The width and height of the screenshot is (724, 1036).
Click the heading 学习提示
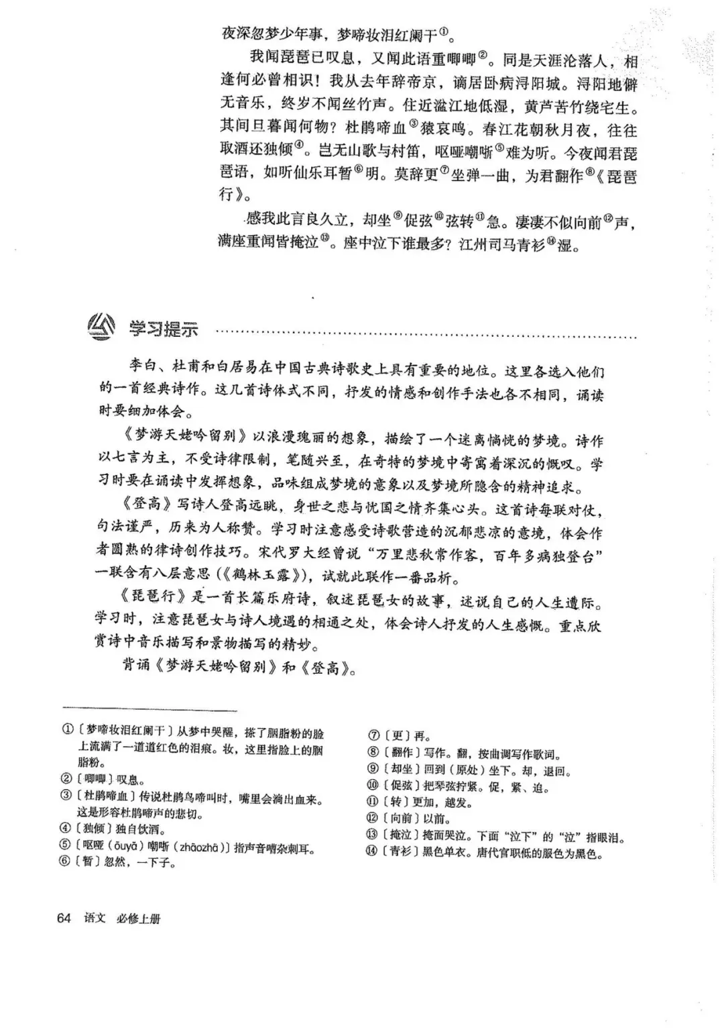click(x=164, y=329)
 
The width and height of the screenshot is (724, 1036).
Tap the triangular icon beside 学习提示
click(x=103, y=327)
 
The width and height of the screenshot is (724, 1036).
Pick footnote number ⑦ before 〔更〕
click(x=374, y=735)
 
